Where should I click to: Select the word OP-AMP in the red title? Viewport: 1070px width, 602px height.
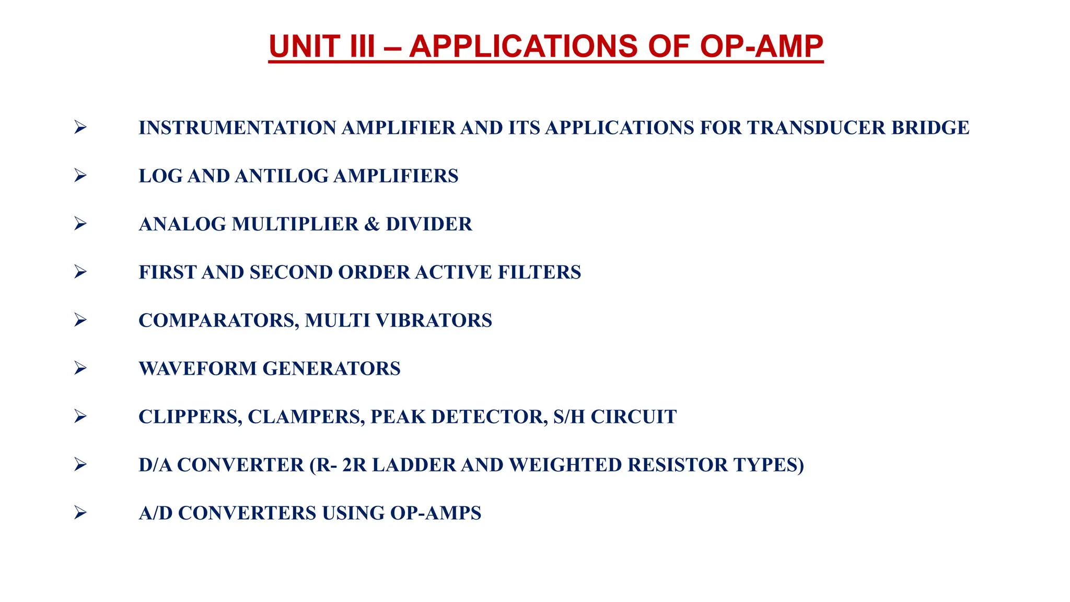(761, 46)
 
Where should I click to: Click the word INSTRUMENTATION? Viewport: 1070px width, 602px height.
(237, 128)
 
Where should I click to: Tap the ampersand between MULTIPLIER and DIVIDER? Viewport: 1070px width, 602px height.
(372, 224)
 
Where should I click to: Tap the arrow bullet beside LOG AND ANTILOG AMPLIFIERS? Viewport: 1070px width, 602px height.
(80, 175)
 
